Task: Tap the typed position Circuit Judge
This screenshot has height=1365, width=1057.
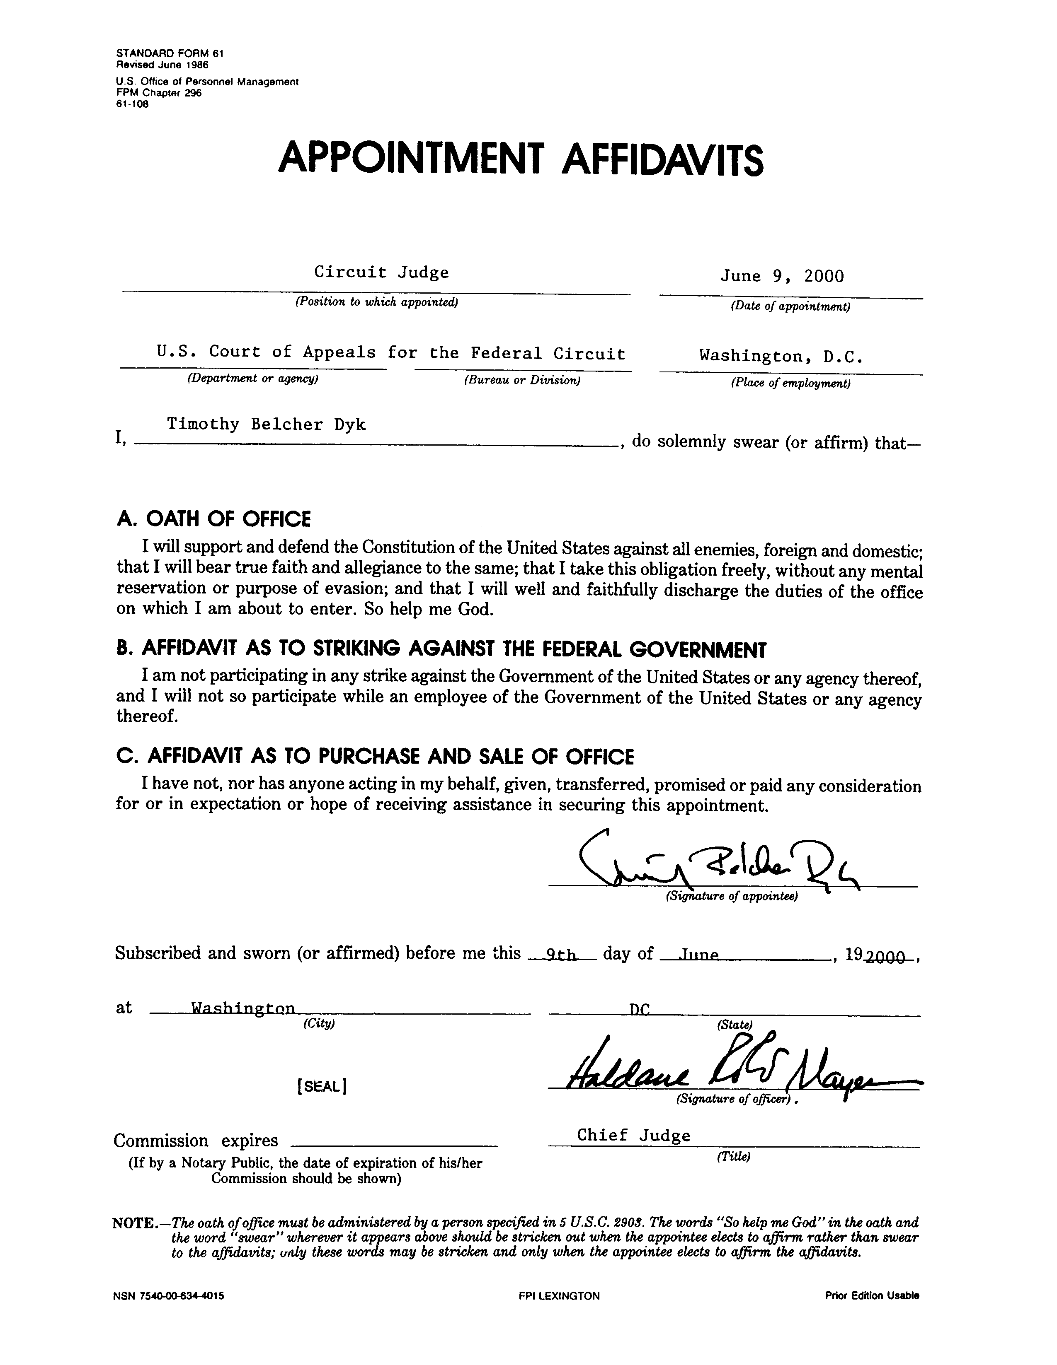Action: [381, 273]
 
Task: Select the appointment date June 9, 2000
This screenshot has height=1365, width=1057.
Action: [782, 276]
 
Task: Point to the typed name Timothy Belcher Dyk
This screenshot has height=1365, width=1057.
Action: [266, 425]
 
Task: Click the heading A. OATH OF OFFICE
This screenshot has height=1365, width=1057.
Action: [213, 519]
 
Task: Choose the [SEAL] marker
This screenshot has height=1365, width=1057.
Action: [322, 1086]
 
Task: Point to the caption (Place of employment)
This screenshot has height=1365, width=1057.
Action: [790, 383]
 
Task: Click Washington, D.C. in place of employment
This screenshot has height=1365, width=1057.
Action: [782, 356]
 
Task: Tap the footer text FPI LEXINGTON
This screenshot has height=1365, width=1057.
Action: [559, 1296]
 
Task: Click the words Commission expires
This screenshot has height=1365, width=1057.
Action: [196, 1141]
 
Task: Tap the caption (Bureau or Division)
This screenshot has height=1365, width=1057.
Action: [522, 379]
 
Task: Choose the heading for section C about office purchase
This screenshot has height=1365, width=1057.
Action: [375, 757]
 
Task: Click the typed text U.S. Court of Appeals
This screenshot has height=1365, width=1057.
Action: [266, 352]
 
